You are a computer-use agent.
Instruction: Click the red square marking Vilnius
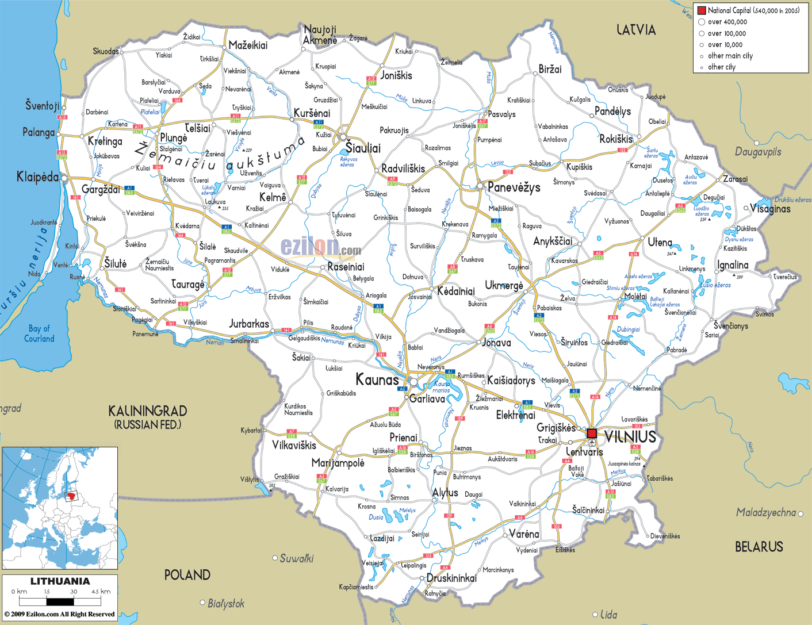[592, 433]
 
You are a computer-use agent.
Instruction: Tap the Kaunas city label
[377, 379]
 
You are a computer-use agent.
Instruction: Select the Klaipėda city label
[37, 177]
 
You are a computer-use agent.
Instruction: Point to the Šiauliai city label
[363, 148]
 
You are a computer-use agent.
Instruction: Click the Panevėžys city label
[514, 187]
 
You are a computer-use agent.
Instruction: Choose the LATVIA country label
[635, 30]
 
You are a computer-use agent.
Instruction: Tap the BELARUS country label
[759, 547]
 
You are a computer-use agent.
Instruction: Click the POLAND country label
[187, 574]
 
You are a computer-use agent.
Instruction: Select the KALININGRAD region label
[148, 411]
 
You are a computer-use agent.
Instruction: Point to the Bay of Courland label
[39, 333]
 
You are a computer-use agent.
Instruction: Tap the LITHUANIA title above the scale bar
[60, 581]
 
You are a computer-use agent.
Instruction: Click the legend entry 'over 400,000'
[727, 22]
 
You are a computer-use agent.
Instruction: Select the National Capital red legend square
[702, 10]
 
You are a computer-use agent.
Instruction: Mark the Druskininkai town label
[451, 578]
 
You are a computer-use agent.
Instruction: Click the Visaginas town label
[771, 209]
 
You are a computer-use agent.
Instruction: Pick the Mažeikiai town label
[248, 45]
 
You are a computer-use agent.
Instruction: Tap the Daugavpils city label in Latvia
[758, 152]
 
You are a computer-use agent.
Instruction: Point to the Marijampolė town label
[338, 463]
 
